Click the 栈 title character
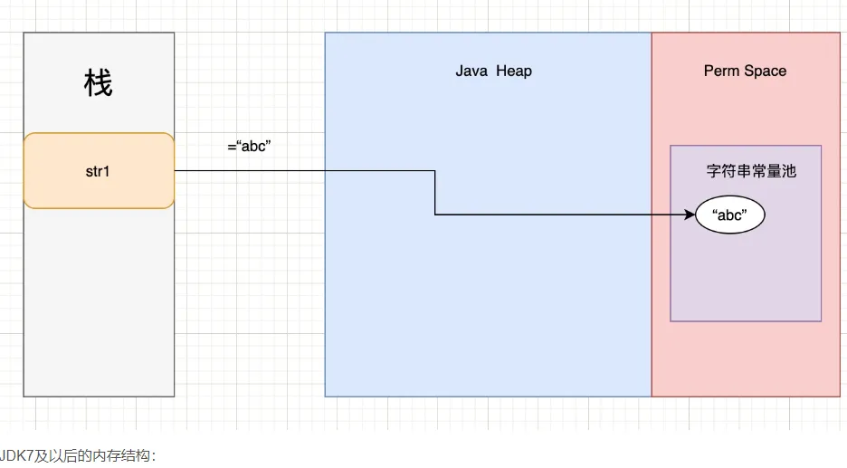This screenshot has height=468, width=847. tap(98, 85)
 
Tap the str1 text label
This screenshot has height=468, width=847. tap(98, 170)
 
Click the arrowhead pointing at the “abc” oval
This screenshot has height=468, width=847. tap(690, 215)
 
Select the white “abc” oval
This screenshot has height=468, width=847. tap(730, 215)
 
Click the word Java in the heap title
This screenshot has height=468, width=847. tap(471, 71)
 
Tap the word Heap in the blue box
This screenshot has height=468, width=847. tap(514, 71)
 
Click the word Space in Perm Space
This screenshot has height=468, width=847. tap(766, 71)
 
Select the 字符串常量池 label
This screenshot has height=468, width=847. tap(751, 170)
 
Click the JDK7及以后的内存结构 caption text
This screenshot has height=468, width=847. tap(80, 455)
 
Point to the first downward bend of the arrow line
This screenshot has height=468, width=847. tap(435, 170)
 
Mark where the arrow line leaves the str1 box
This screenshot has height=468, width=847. tap(175, 170)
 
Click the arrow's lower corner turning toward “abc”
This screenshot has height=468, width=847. tap(435, 215)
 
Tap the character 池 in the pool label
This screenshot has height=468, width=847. tap(789, 170)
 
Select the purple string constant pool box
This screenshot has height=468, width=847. tap(746, 272)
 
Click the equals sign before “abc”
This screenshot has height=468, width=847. tap(232, 146)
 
